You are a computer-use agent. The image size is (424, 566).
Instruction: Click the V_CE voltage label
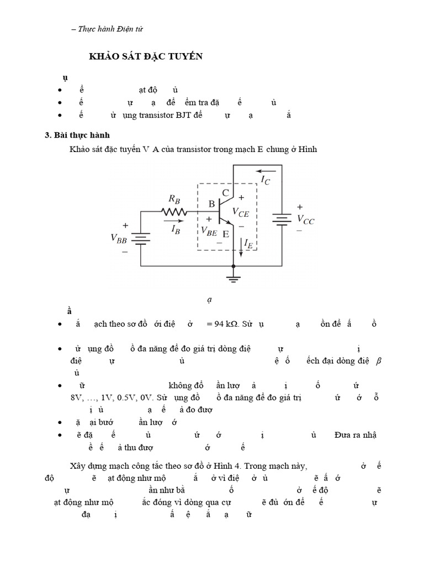pos(241,212)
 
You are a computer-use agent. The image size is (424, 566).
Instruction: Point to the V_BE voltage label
pos(209,231)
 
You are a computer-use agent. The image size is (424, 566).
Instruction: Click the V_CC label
pos(305,219)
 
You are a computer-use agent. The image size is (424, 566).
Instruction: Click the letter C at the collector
pos(226,193)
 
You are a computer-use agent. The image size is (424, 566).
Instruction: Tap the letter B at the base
pos(211,204)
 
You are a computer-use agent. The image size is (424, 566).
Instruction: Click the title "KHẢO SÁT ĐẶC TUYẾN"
pos(146,56)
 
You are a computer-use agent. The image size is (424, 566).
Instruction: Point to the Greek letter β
pos(379,361)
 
